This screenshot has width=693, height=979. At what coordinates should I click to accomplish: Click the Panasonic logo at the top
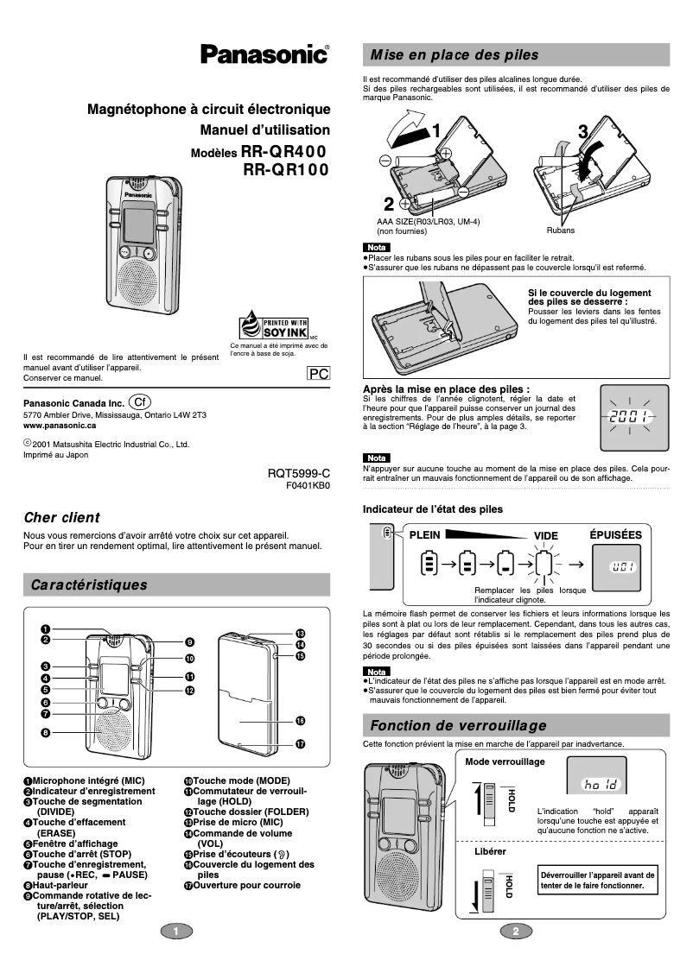(x=264, y=54)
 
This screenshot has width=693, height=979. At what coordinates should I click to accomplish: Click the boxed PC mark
(x=319, y=373)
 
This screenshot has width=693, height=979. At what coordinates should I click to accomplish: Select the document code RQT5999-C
(x=299, y=474)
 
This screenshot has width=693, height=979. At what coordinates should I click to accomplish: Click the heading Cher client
(x=61, y=518)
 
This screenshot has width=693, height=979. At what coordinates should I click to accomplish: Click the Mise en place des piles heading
(x=454, y=55)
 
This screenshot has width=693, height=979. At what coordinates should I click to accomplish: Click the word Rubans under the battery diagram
(x=560, y=231)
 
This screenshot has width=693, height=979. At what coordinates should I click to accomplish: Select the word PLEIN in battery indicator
(x=424, y=534)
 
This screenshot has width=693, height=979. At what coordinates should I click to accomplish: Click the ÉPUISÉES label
(x=615, y=534)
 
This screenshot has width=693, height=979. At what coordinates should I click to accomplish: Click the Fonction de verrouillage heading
(x=458, y=724)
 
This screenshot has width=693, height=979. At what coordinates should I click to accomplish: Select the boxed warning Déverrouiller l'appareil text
(x=597, y=880)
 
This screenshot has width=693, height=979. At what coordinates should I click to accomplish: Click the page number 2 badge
(x=515, y=931)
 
